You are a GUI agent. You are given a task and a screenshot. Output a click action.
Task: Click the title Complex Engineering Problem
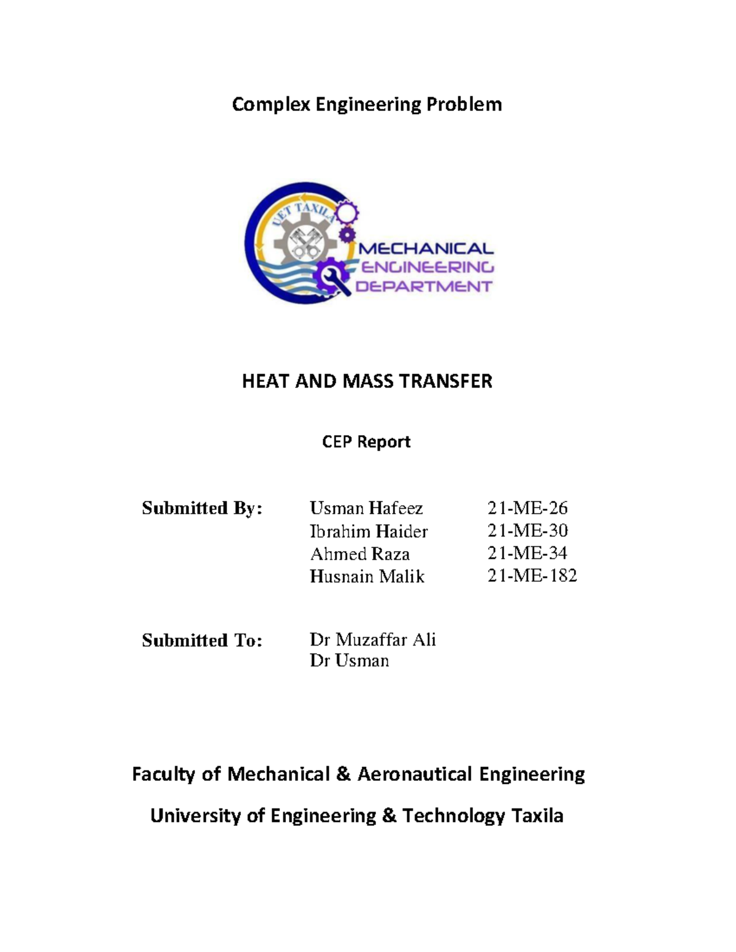coord(367,104)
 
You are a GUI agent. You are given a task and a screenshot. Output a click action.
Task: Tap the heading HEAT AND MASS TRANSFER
coord(367,381)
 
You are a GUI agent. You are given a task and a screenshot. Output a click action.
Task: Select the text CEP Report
coord(366,441)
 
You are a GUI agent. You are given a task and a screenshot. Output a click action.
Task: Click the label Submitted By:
coord(202,508)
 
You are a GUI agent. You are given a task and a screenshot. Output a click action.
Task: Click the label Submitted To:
coord(202,641)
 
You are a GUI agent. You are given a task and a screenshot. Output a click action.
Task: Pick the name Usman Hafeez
coord(366,508)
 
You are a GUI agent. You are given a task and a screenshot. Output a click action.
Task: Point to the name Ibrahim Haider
coord(369,531)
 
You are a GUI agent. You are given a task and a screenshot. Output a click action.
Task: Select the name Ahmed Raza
coord(359,554)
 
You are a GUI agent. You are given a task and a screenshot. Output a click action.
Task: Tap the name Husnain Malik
coord(367,576)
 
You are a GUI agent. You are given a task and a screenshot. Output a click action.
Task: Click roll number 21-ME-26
coord(527,508)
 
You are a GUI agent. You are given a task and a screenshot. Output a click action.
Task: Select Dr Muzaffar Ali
coord(372,639)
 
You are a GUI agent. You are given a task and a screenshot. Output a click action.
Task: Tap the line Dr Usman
coord(349,661)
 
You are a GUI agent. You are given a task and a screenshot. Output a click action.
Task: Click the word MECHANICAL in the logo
coord(427,248)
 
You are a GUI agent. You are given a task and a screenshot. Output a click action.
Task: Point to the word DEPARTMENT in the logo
coord(424,286)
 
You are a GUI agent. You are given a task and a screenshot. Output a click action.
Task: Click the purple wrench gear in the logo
coord(331,275)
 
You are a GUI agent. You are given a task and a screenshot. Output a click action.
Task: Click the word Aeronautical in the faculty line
coord(415,774)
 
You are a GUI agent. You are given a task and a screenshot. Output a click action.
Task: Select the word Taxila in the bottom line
coord(537,815)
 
